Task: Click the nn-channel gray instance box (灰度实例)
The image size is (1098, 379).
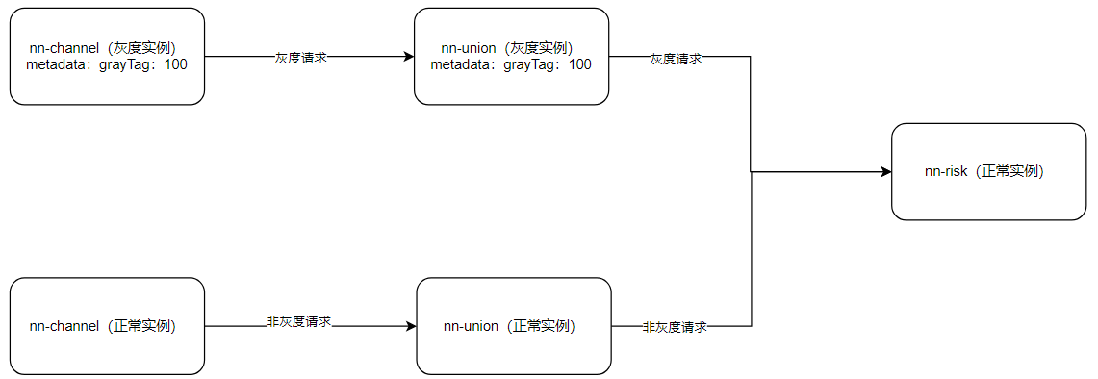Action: (x=107, y=56)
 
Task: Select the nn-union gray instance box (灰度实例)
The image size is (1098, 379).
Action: (x=511, y=56)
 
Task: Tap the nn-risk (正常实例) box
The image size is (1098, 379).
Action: (x=988, y=171)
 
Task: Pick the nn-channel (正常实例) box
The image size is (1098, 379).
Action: (x=107, y=326)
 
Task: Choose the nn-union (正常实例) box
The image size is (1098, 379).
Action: (x=513, y=326)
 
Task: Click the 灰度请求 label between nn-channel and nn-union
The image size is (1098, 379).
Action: (x=300, y=57)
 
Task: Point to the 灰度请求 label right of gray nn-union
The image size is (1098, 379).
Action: (x=675, y=58)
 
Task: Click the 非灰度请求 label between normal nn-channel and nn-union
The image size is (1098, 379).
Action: (x=298, y=321)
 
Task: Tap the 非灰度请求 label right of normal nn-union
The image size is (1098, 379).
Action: (x=675, y=327)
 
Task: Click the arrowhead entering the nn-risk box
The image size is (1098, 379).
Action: (x=886, y=172)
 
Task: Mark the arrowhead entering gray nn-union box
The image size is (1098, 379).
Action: (x=408, y=57)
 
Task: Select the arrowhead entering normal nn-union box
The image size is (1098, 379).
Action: (x=411, y=326)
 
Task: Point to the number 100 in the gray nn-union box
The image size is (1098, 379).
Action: (x=579, y=64)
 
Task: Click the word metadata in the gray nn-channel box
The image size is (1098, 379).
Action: (x=56, y=64)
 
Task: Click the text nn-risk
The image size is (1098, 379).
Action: (x=945, y=171)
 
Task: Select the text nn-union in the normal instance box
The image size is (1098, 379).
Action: (x=471, y=326)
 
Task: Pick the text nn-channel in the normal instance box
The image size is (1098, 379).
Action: (x=64, y=326)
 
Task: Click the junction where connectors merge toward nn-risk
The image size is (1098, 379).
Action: (x=751, y=172)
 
